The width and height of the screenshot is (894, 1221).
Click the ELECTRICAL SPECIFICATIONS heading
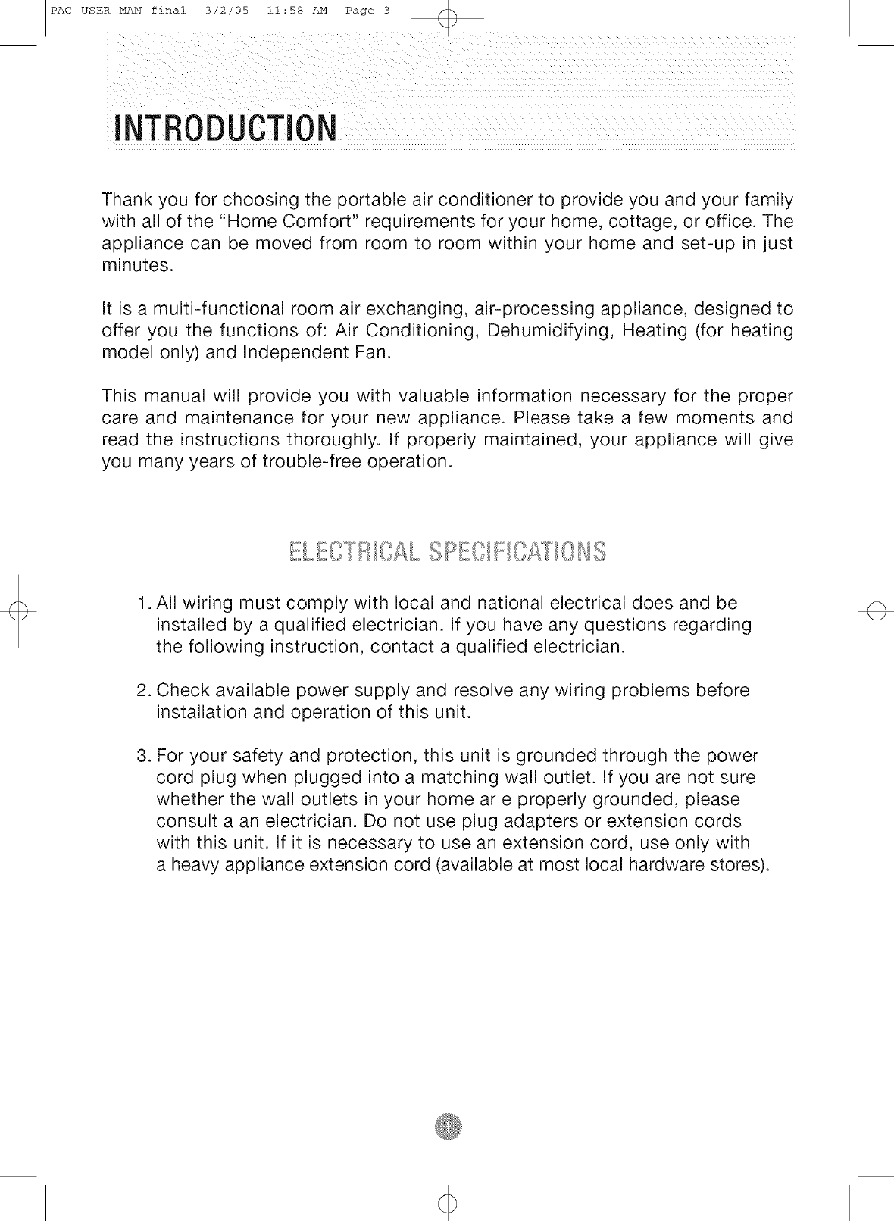pyautogui.click(x=447, y=552)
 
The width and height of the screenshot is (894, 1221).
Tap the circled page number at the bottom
pyautogui.click(x=448, y=1128)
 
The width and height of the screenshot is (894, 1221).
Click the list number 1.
pyautogui.click(x=144, y=604)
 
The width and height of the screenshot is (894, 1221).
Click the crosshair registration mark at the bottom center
pyautogui.click(x=448, y=1203)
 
